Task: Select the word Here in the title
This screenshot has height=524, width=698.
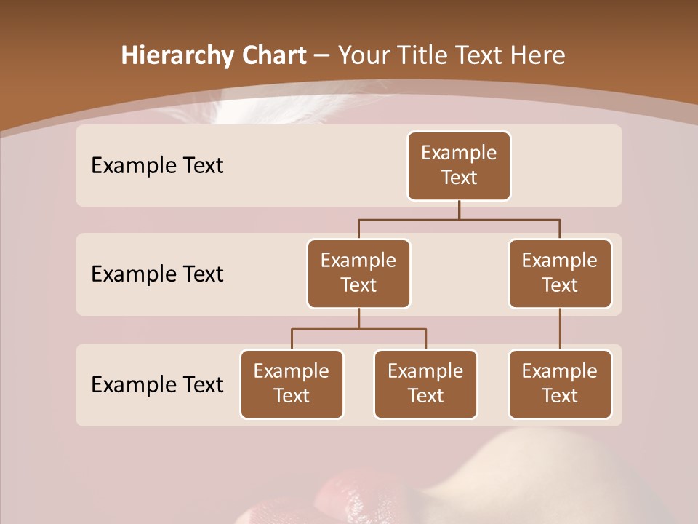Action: (539, 56)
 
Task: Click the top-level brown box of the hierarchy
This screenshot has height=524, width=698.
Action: (459, 165)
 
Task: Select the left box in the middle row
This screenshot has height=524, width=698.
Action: (358, 273)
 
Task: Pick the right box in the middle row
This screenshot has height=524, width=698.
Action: (560, 273)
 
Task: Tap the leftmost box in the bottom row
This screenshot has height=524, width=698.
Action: (292, 384)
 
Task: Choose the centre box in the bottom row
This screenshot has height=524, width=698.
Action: (425, 384)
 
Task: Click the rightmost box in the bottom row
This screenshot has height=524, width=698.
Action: (560, 384)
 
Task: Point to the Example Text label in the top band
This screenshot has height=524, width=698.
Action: (157, 166)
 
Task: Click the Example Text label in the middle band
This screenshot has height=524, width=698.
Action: (157, 274)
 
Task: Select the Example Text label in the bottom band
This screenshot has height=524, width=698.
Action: (157, 384)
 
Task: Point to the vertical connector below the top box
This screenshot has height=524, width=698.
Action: (459, 210)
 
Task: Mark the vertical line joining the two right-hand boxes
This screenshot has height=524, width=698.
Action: (560, 329)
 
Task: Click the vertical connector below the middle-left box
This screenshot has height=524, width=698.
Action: (358, 318)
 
